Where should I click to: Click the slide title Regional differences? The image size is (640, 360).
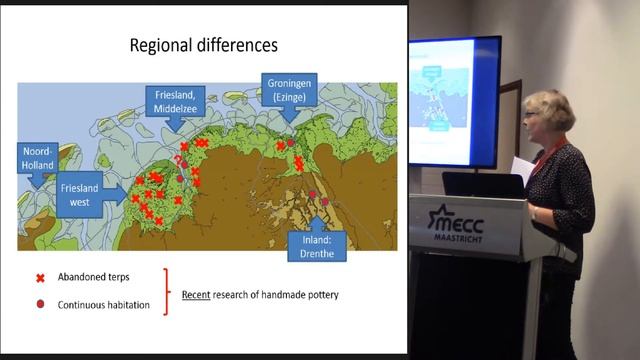point(203,46)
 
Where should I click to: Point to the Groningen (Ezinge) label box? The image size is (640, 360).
point(290,89)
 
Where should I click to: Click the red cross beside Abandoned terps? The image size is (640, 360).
point(41,277)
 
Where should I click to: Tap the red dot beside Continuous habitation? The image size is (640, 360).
point(41,304)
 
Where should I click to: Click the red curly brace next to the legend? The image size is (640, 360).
point(168,290)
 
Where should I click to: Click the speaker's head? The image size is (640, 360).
point(552,114)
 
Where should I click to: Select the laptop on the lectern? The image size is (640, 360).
point(482,184)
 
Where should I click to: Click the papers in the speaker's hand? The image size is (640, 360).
point(521,168)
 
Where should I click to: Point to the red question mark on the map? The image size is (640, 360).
point(179,160)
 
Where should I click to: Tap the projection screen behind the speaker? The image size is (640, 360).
point(455,100)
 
